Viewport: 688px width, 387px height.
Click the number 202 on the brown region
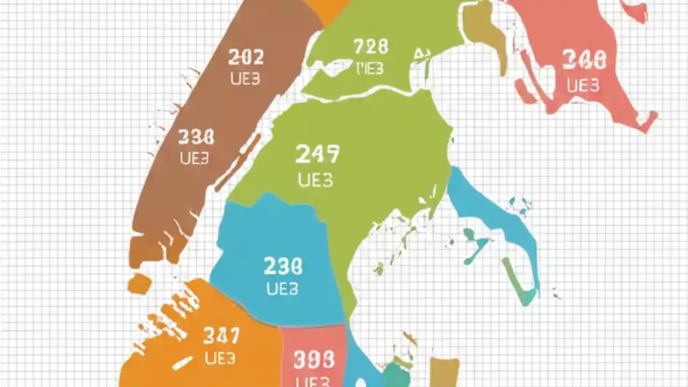click(246, 57)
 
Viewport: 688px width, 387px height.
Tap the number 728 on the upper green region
click(371, 47)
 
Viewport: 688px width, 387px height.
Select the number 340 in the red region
click(584, 60)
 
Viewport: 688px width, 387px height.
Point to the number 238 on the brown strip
click(196, 137)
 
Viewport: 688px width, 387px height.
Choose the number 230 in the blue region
click(283, 266)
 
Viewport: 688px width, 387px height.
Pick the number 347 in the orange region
click(221, 336)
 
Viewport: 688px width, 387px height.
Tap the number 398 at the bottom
click(314, 360)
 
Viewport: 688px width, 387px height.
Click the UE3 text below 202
click(245, 79)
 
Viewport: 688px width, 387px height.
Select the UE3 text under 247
click(316, 180)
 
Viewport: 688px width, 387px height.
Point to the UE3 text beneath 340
click(583, 85)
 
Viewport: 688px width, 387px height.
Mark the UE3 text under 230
click(282, 289)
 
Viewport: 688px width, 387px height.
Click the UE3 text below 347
click(220, 358)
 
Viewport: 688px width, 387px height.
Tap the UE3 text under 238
click(195, 159)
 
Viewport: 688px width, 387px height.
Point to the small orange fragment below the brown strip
click(139, 284)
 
